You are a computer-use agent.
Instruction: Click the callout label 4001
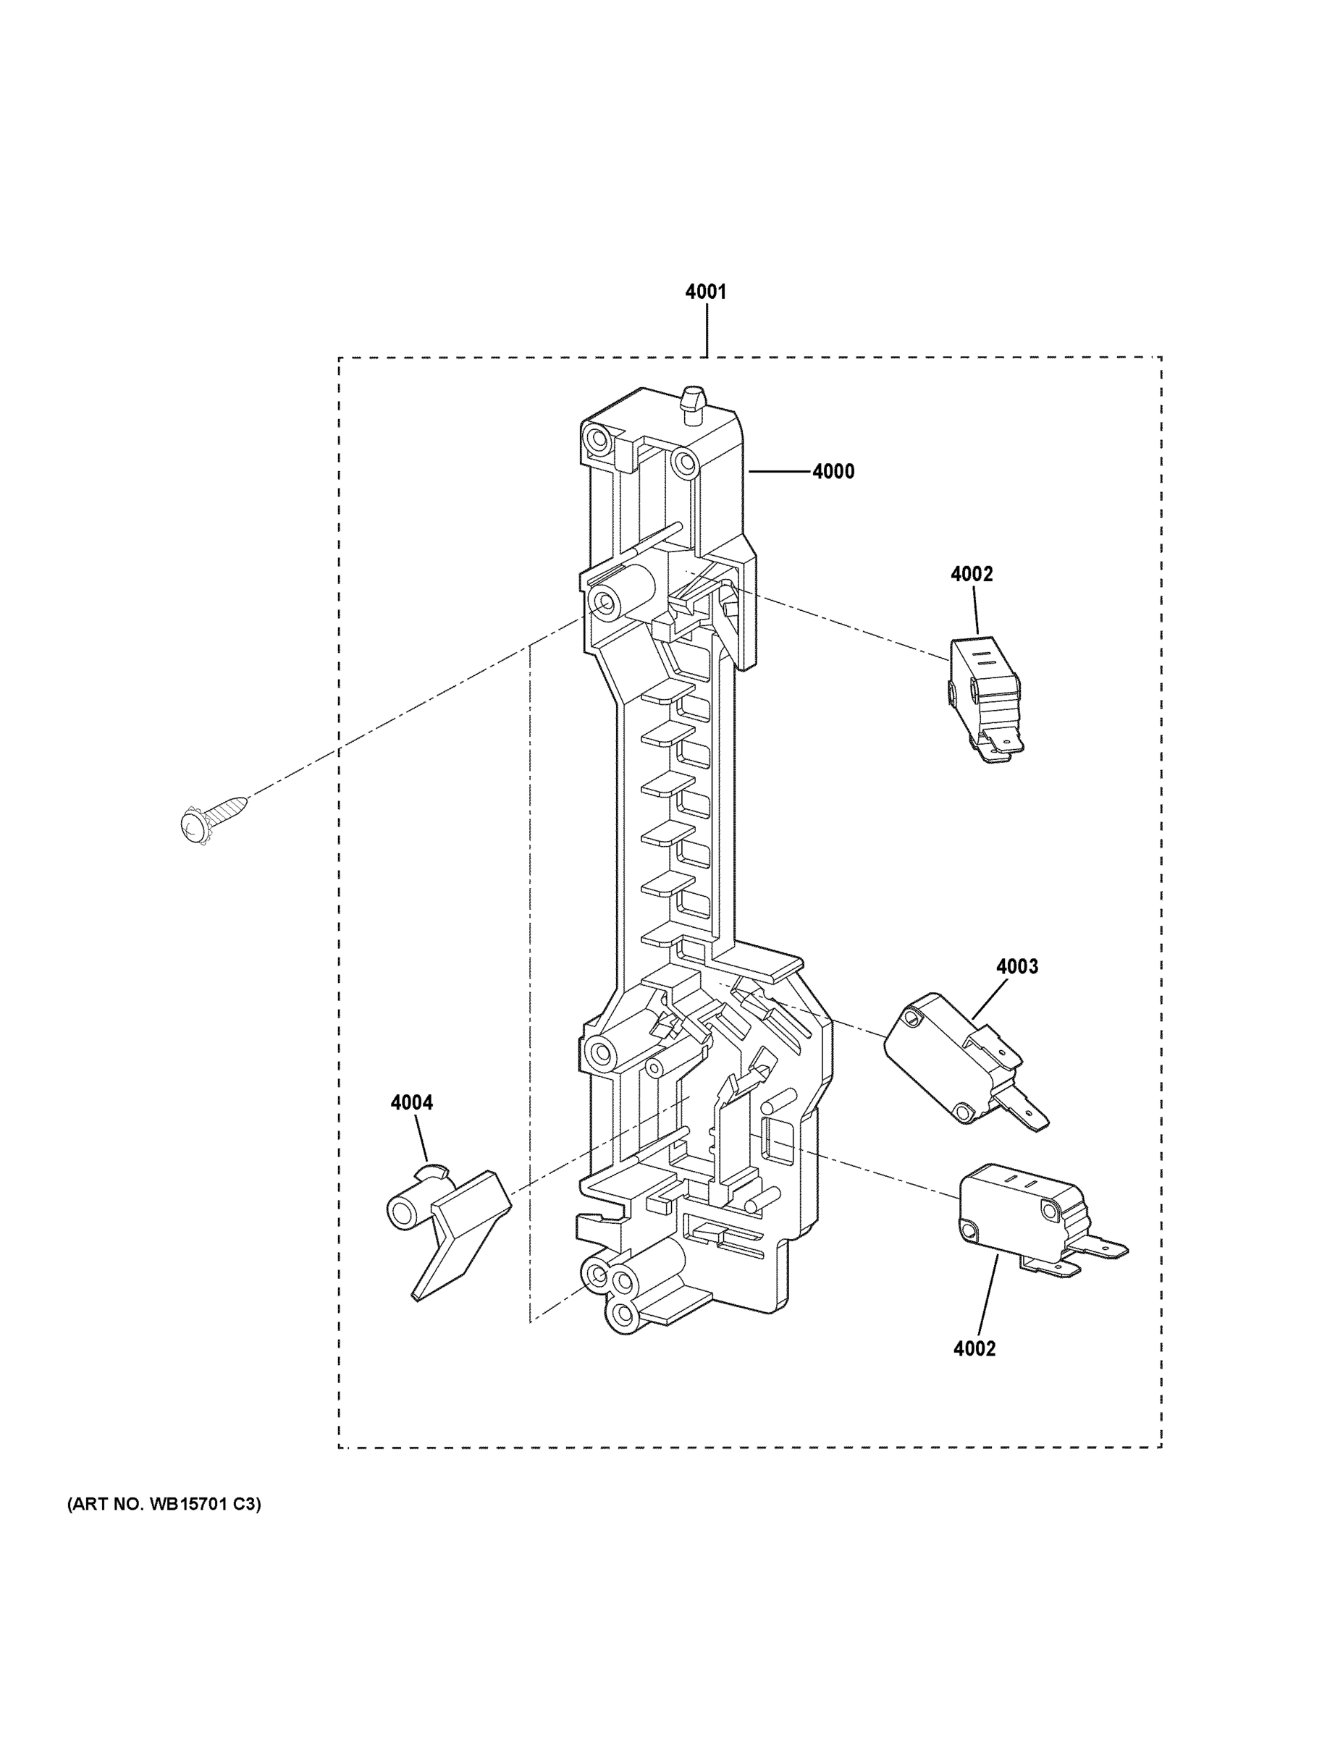706,292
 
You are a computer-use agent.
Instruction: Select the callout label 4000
833,472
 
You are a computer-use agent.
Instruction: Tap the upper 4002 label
972,574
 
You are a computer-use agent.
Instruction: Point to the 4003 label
1016,966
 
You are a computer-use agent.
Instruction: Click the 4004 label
411,1103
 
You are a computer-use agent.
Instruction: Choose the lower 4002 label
974,1349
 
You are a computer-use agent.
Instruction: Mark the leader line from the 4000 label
779,472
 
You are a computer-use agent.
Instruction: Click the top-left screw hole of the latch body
594,436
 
